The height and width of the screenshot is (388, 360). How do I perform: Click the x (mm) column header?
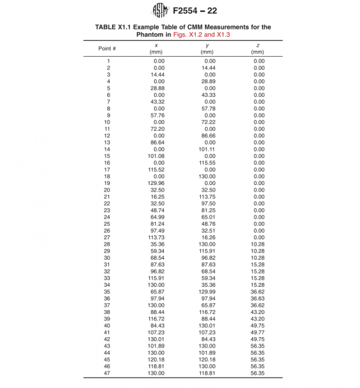pos(156,49)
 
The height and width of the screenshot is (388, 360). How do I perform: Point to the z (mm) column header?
pos(257,49)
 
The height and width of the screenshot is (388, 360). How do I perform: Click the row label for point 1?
pos(108,61)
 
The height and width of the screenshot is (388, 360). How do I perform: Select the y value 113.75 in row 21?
pos(207,197)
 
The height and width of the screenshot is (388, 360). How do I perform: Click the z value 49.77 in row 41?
pos(258,332)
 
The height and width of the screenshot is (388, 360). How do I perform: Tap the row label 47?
pos(106,373)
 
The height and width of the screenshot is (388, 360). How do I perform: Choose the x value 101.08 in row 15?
pos(156,156)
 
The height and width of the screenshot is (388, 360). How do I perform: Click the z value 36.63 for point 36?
pos(258,298)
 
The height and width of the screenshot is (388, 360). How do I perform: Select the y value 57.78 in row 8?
pos(208,109)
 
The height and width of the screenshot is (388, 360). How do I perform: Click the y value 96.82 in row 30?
pos(208,258)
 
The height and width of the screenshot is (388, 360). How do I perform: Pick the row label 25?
pos(106,224)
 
